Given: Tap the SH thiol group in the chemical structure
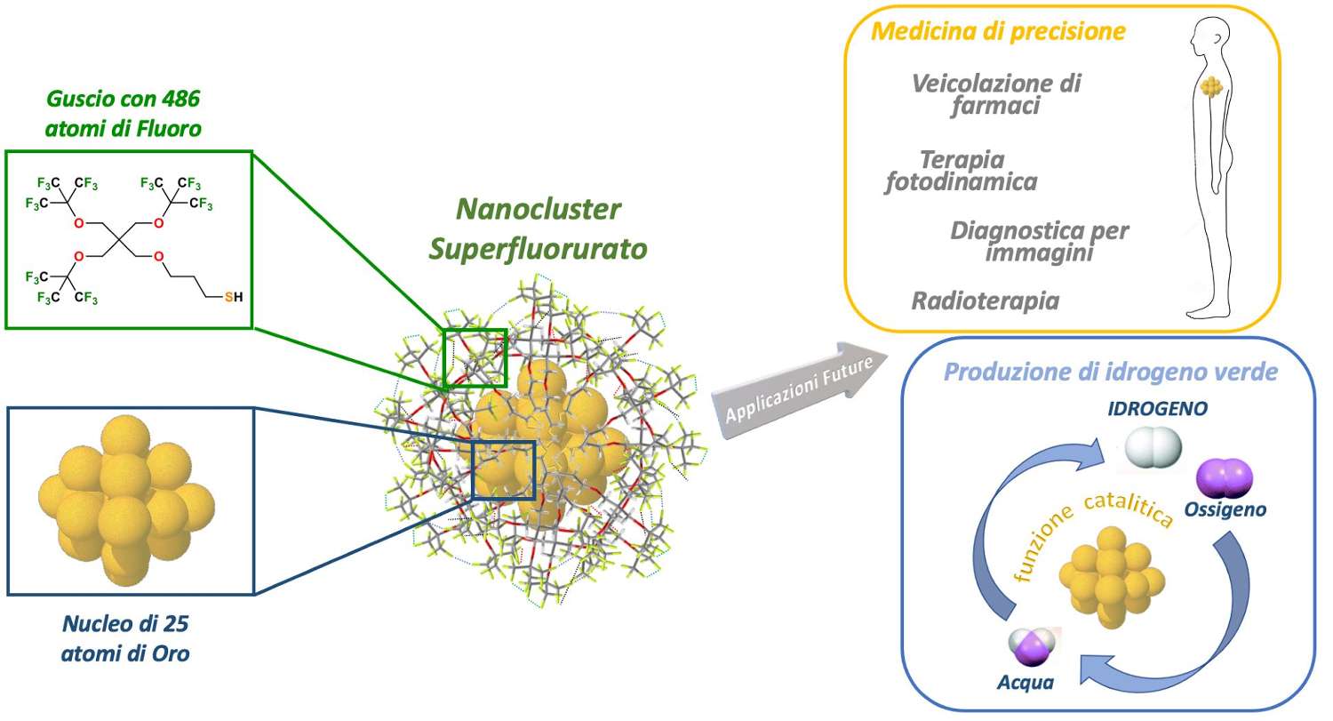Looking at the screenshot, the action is (x=233, y=297).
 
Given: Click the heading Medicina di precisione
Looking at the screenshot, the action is (x=999, y=31).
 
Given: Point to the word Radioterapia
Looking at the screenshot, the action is (x=986, y=301).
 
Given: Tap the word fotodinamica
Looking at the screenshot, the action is (x=961, y=182).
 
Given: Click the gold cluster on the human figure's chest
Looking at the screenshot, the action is (x=1211, y=87).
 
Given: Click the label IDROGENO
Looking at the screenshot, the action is (x=1157, y=408).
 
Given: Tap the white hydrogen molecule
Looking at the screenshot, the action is (x=1153, y=447).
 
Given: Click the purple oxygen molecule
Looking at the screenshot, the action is (x=1225, y=478).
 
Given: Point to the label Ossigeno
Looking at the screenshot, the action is (x=1225, y=509).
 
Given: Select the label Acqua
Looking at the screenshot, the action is (x=1026, y=682).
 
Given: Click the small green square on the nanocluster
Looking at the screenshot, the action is (x=475, y=358).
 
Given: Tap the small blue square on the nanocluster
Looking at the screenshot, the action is (x=504, y=470).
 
